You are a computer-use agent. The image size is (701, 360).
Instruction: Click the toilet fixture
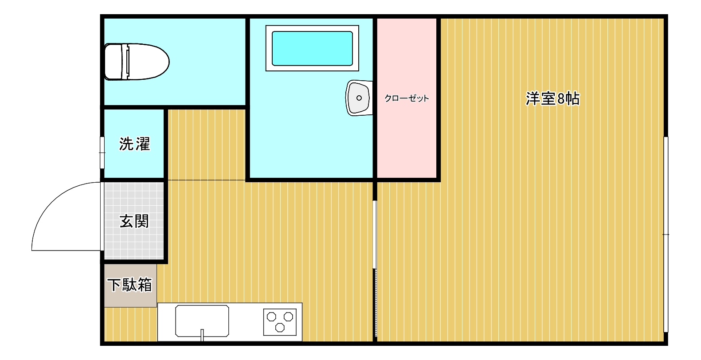point(137,62)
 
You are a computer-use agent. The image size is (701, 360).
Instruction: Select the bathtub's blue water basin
point(312,48)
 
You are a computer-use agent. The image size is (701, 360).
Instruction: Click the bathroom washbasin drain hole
point(359,98)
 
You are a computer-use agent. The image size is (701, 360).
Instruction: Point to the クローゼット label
point(407,98)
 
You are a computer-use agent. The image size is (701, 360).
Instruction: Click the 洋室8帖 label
point(552,98)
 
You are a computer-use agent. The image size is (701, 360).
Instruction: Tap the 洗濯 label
point(134,144)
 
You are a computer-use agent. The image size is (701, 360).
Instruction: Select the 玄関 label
point(134,221)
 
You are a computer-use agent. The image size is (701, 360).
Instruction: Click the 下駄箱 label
point(129,285)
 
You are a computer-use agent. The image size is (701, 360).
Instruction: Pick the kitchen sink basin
point(202,321)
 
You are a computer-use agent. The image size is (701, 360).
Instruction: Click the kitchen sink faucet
point(202,335)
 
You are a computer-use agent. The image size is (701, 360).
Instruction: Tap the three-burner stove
point(280,322)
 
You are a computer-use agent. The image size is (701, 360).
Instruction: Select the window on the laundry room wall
point(102,153)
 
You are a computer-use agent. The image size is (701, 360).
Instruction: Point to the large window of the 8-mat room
point(666,234)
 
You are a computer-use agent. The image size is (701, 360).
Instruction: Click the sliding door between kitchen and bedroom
point(375,269)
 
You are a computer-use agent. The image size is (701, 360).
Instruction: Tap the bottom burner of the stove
point(280,328)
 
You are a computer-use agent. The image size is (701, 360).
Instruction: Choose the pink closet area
point(407,98)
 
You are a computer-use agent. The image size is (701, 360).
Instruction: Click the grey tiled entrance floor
point(134,221)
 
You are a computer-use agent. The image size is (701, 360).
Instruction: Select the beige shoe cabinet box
point(130,286)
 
